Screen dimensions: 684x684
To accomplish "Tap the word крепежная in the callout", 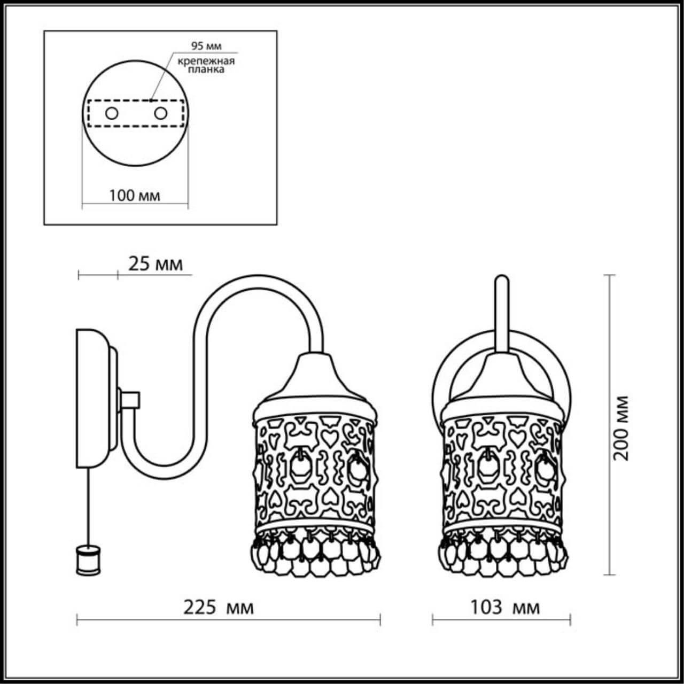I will [x=207, y=60].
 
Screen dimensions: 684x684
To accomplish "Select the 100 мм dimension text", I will [x=135, y=196].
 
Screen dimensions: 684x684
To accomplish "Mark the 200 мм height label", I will [x=621, y=428].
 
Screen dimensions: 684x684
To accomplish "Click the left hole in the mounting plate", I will [x=112, y=113].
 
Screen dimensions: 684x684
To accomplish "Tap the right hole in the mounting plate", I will [x=160, y=113].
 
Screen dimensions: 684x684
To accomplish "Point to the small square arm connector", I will [x=130, y=399].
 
